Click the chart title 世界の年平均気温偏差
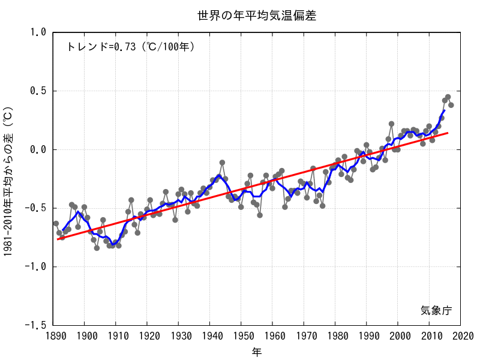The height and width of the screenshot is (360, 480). (257, 16)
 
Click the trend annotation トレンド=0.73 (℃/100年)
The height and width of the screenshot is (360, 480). (130, 46)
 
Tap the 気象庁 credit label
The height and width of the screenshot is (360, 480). (436, 310)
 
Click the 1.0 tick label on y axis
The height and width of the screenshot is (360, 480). (37, 32)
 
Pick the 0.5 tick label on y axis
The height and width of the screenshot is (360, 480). (37, 91)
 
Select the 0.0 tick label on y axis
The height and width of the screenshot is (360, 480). (37, 149)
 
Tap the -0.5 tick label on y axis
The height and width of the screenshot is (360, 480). (35, 208)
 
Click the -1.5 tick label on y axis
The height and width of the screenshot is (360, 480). (35, 325)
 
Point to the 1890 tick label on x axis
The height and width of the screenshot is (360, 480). (53, 336)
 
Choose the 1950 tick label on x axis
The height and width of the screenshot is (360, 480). (242, 336)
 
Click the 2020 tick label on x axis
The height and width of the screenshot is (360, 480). (461, 336)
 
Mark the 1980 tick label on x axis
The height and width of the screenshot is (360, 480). (335, 336)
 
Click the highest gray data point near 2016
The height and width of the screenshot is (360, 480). (448, 97)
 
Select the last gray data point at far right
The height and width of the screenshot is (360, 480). (451, 105)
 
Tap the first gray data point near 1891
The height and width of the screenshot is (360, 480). (56, 224)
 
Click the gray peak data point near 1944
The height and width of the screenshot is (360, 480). (222, 163)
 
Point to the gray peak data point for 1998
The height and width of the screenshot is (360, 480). (391, 124)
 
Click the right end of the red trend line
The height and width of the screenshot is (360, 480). (448, 133)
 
